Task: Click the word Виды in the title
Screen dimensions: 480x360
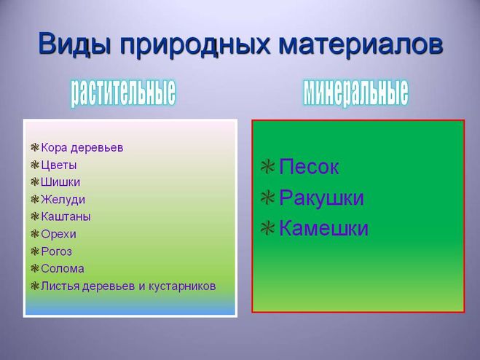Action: click(74, 44)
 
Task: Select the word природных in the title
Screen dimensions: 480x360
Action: click(195, 46)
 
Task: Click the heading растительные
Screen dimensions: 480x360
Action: click(123, 93)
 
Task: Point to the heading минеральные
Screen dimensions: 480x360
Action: click(355, 92)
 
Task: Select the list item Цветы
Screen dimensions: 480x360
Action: click(59, 165)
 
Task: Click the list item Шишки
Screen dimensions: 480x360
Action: click(60, 182)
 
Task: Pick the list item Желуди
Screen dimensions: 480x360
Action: click(63, 200)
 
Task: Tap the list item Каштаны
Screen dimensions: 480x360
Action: click(66, 216)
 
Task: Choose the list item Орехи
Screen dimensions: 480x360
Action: click(58, 235)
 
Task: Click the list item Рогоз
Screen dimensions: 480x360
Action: click(57, 251)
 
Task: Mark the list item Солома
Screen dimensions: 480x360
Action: click(63, 269)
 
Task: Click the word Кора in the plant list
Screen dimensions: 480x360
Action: click(54, 148)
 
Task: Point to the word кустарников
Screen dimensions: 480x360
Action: click(182, 286)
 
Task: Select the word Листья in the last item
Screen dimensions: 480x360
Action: click(60, 286)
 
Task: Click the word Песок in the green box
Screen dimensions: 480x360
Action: click(309, 167)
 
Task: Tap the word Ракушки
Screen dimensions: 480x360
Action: click(321, 197)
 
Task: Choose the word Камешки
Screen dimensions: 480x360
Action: click(323, 228)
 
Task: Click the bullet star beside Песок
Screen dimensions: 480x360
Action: click(267, 167)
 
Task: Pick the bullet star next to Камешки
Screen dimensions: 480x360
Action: click(267, 228)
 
